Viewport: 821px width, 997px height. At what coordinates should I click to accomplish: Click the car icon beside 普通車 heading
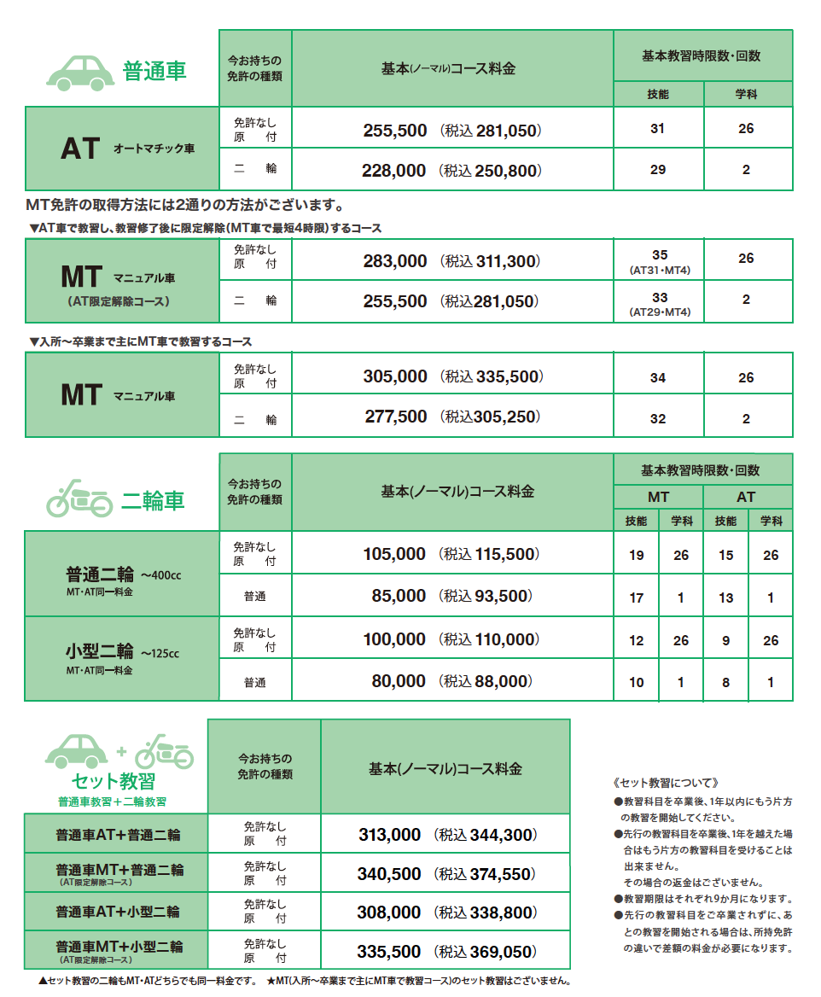pos(79,71)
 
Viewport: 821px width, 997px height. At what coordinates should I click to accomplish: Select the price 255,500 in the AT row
pos(394,131)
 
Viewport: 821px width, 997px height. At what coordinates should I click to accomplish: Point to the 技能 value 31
pos(657,129)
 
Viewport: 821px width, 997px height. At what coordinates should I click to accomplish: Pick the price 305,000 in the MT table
pos(395,376)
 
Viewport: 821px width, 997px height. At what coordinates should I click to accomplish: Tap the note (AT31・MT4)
pos(659,271)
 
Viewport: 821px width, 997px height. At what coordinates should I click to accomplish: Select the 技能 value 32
pos(658,418)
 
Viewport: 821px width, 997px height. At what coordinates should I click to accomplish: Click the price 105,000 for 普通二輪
pos(394,554)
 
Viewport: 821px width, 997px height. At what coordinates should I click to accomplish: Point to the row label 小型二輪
pos(100,651)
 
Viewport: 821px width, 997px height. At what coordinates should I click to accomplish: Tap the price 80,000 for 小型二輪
pos(399,681)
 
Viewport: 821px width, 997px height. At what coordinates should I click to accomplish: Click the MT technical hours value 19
pos(637,556)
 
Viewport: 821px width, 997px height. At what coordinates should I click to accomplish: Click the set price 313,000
pos(390,835)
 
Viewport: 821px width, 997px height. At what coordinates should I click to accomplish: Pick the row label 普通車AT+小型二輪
pos(118,912)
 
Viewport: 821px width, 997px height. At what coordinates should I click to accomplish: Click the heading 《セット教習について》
pos(667,783)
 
